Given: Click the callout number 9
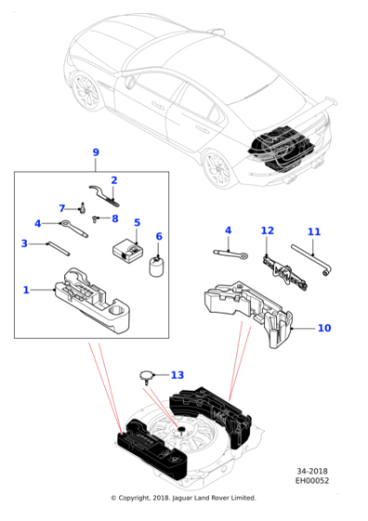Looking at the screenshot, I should click(95, 152).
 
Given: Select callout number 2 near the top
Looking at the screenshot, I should click(114, 180).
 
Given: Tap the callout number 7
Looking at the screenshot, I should click(62, 207).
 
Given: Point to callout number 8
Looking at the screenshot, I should click(114, 219).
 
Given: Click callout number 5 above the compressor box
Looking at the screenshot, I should click(137, 222).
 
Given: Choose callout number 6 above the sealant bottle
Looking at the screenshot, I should click(159, 236).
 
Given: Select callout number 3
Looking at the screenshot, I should click(25, 244).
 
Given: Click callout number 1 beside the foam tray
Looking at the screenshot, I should click(26, 289).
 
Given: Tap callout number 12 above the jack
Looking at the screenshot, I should click(268, 231).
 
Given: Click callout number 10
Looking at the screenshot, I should click(323, 327).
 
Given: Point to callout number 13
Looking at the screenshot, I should click(178, 375).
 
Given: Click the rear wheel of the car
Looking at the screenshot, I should click(216, 169).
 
